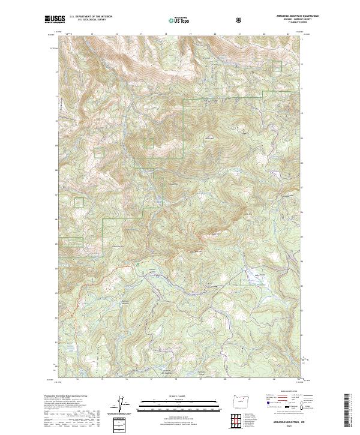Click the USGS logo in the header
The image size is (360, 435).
coord(55,19)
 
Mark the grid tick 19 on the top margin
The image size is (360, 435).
coord(190,34)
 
